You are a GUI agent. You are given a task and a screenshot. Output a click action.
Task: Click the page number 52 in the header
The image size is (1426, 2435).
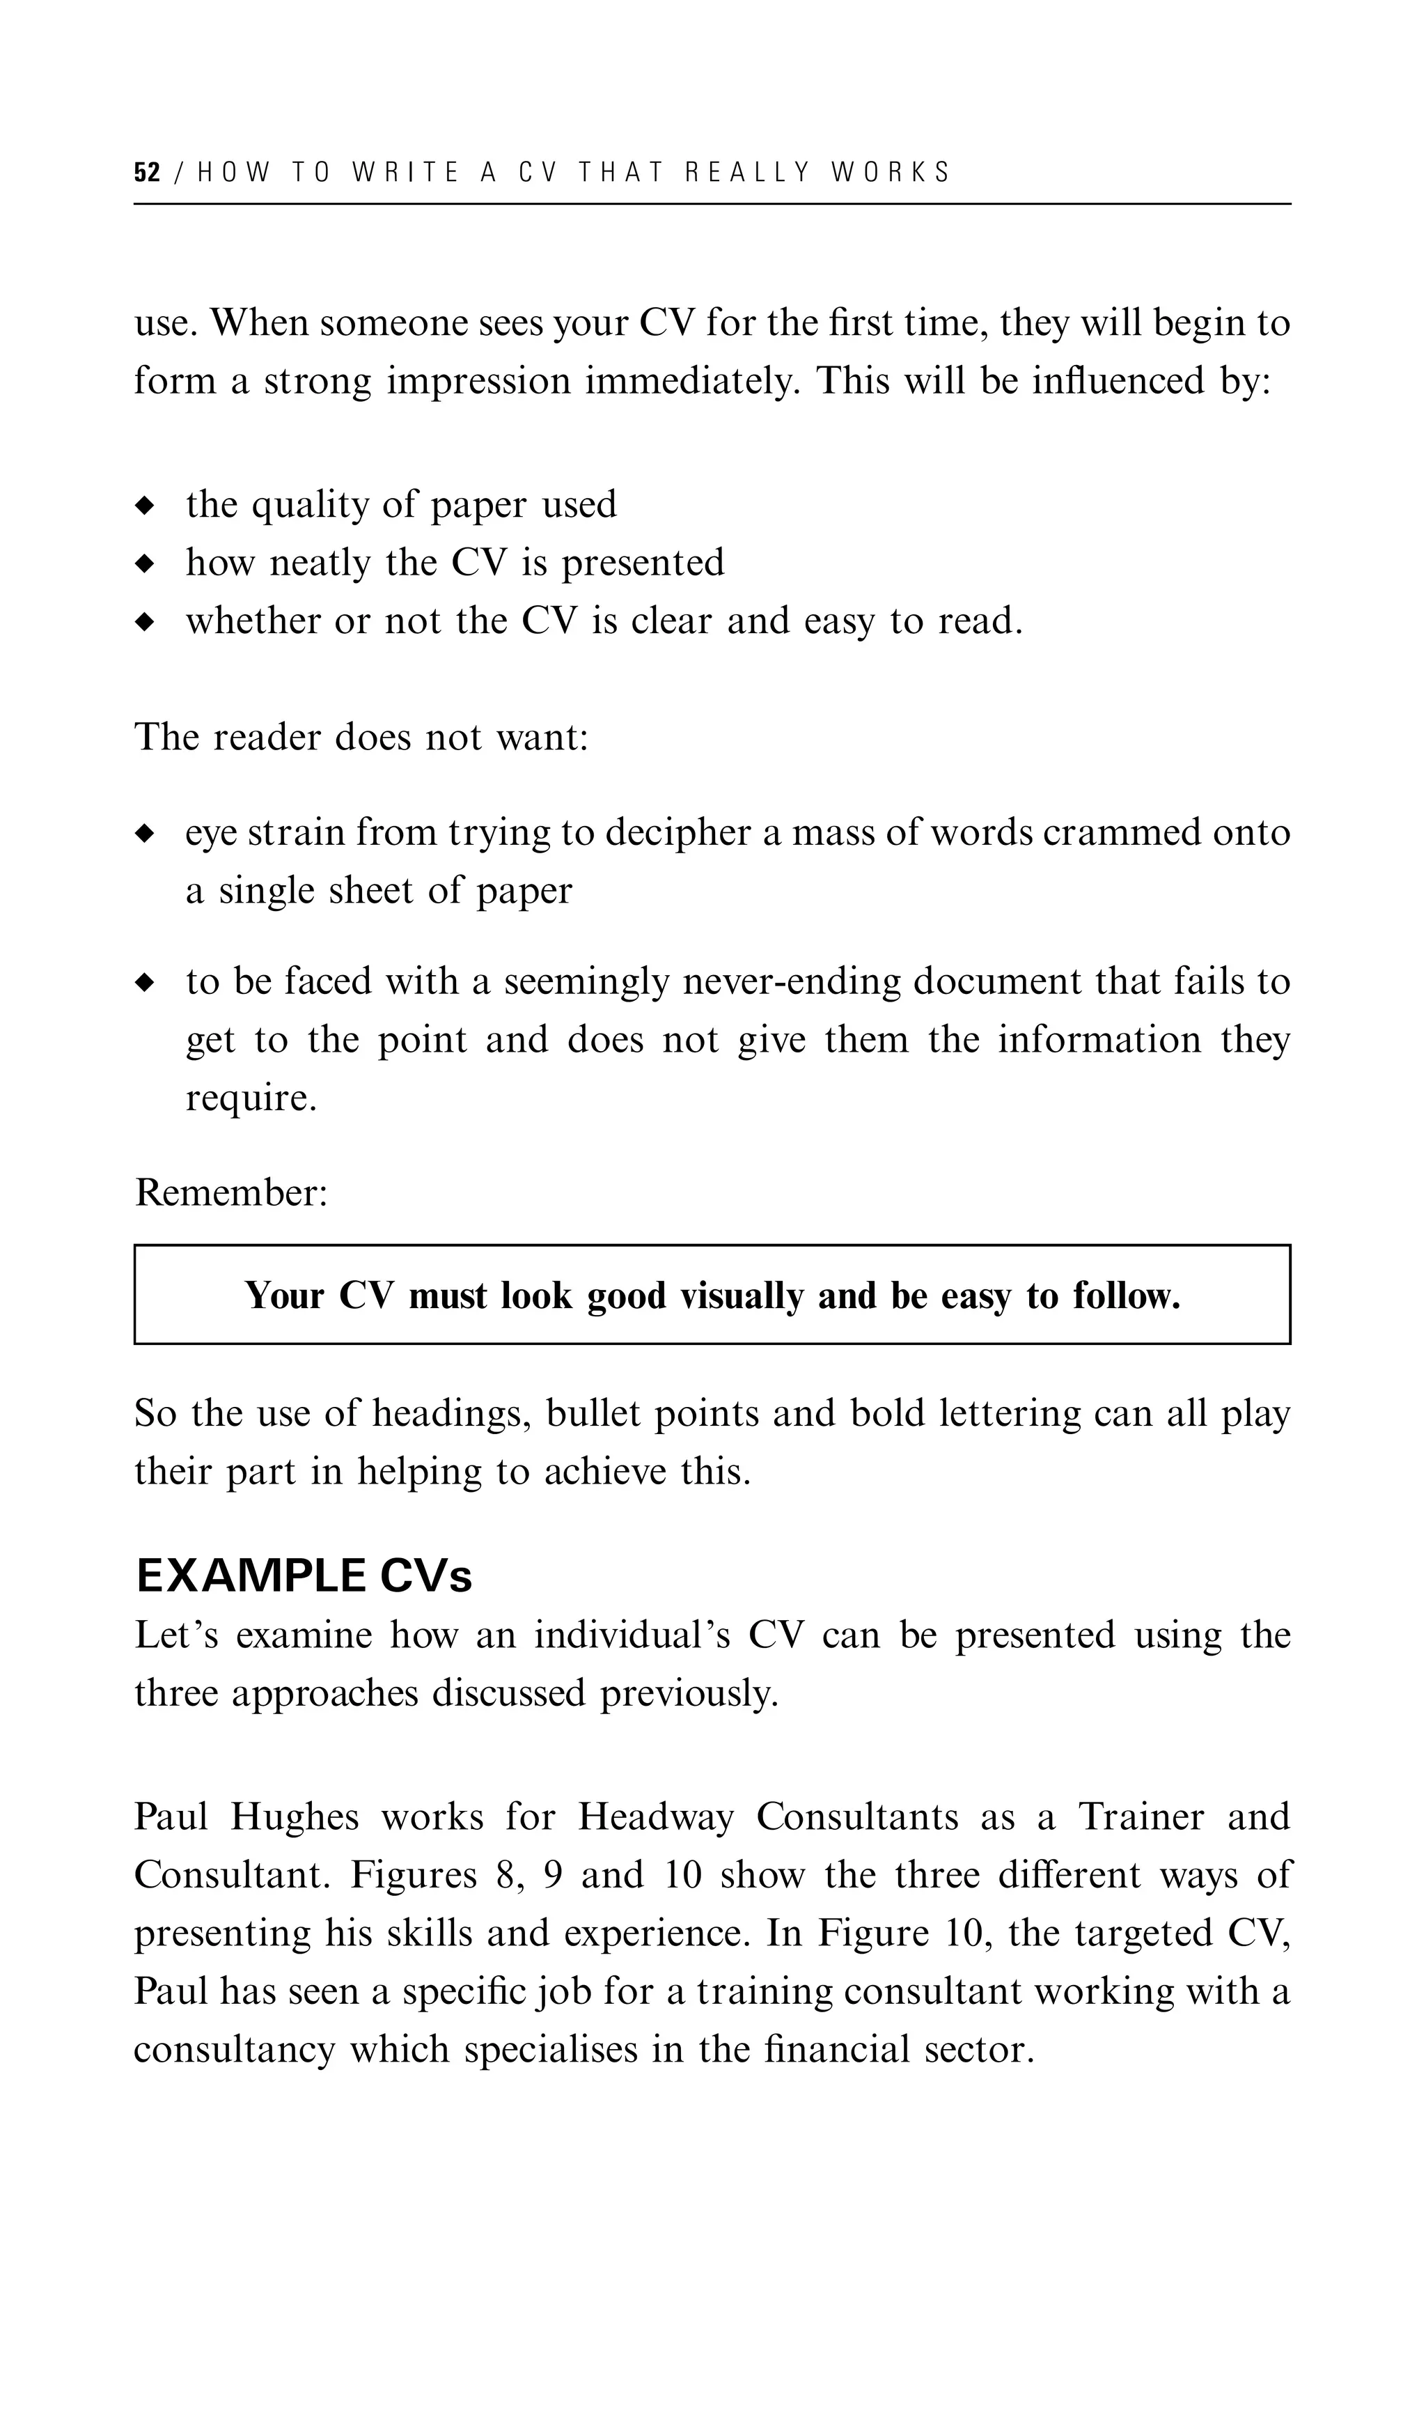(147, 173)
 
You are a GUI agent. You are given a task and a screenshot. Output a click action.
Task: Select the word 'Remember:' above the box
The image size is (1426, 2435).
(232, 1193)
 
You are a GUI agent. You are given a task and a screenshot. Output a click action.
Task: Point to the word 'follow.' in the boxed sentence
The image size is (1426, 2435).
(1127, 1296)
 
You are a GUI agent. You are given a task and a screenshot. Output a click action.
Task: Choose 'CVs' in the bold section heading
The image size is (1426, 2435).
(426, 1576)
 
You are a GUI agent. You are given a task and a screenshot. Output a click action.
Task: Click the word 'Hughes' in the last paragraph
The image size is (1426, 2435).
(295, 1818)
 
